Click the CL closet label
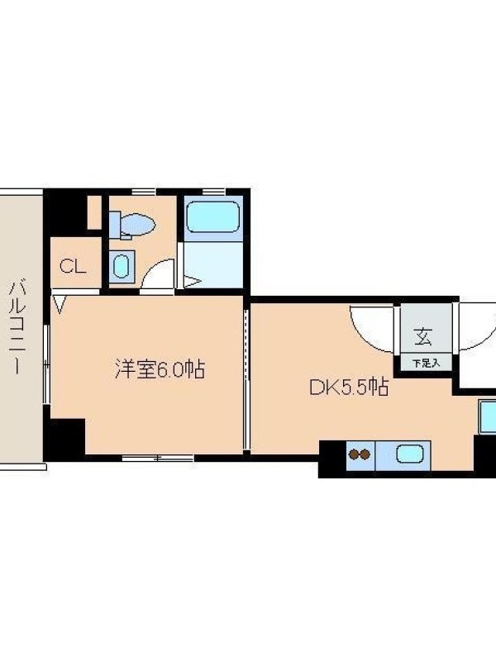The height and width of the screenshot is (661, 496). coord(73,266)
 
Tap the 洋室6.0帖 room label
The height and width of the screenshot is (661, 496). coord(160,369)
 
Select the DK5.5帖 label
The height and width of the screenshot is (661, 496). coord(349,387)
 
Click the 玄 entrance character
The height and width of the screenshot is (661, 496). coord(423,336)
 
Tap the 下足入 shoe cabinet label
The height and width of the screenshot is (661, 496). coord(426,363)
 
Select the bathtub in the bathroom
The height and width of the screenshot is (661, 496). coord(213,216)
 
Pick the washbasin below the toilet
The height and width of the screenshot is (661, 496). coord(122,266)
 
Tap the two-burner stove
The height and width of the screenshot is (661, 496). coord(360,455)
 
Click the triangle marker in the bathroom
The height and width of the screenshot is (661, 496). coord(193,282)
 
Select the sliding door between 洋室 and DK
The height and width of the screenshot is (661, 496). coord(247,379)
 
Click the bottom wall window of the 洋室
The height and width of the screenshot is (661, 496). coord(158,458)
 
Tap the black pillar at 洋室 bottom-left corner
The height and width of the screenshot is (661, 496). coord(64,439)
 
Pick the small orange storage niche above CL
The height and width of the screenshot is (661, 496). coord(94,213)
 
